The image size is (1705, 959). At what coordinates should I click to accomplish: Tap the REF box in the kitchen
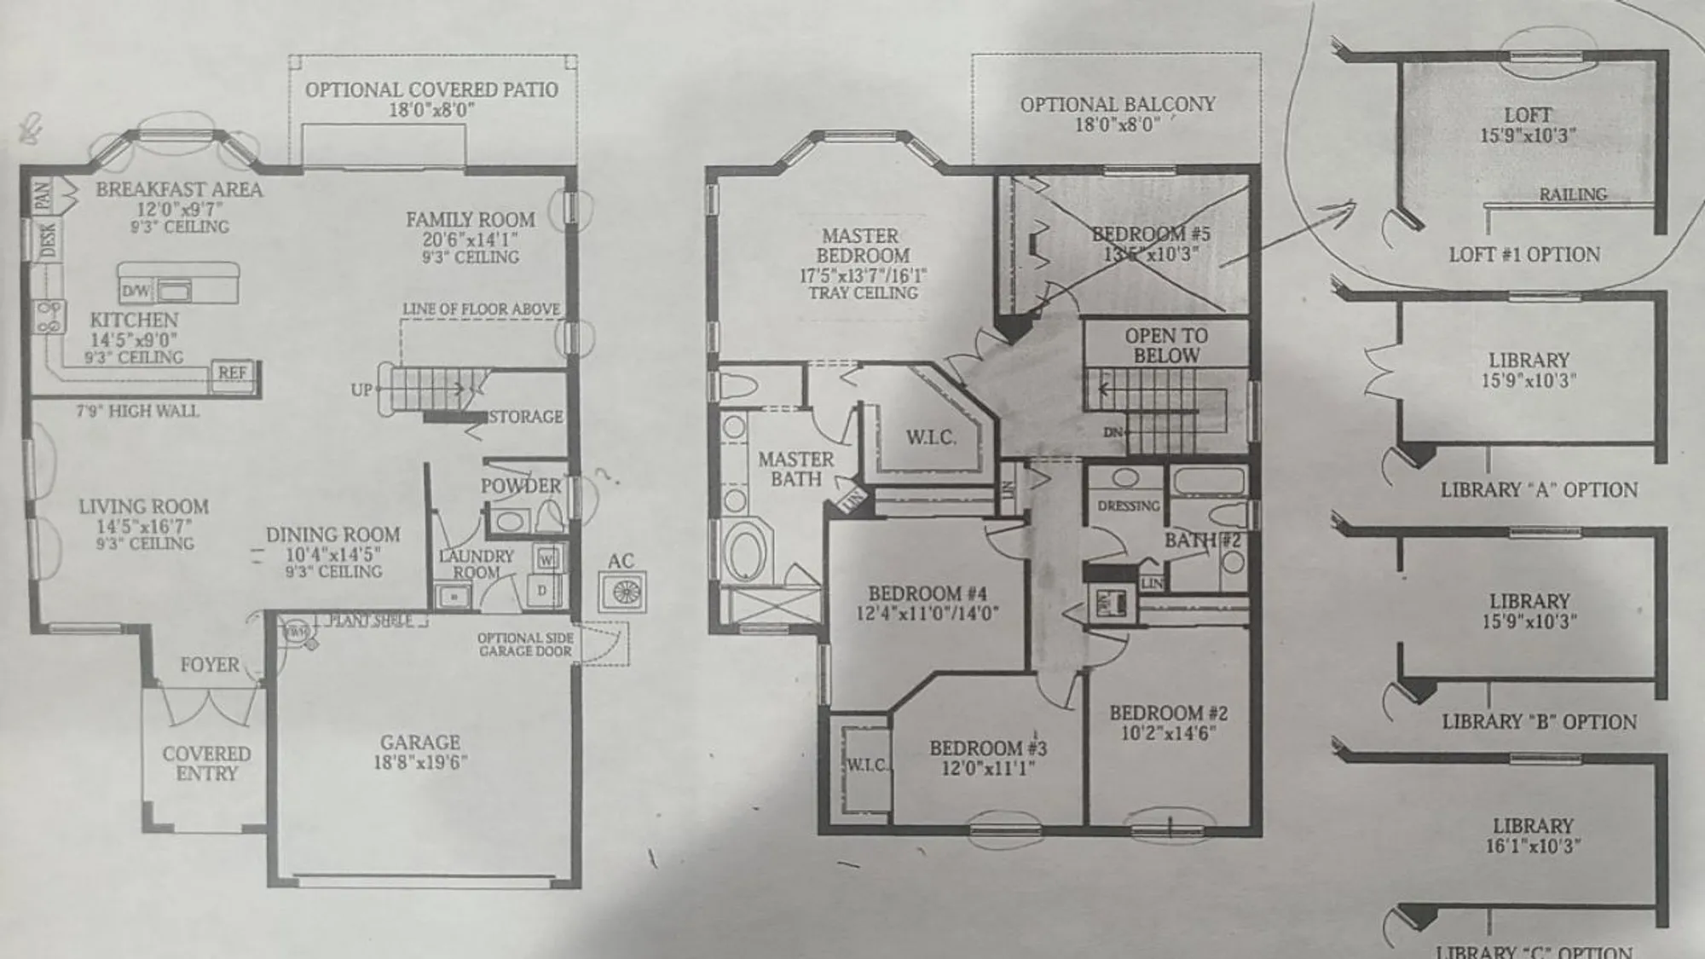click(x=232, y=373)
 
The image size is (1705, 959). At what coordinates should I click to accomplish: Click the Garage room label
click(x=420, y=742)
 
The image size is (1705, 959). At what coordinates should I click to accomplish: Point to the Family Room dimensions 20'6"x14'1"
click(x=470, y=240)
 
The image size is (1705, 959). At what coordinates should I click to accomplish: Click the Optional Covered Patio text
click(x=431, y=90)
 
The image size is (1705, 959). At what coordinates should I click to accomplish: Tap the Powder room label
click(x=521, y=486)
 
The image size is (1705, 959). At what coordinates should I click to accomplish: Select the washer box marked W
click(x=546, y=559)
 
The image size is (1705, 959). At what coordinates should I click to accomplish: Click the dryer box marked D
click(x=542, y=590)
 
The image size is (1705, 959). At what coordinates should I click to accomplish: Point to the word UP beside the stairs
click(x=361, y=390)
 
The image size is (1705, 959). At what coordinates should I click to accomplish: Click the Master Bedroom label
click(x=861, y=246)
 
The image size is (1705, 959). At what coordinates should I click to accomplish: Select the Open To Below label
click(x=1165, y=345)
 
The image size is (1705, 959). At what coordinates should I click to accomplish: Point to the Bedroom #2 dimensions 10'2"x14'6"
click(x=1168, y=733)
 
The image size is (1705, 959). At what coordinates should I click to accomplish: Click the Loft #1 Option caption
click(x=1524, y=254)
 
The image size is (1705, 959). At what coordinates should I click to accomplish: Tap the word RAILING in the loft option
click(x=1572, y=194)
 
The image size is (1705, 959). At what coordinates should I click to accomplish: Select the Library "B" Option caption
click(x=1539, y=722)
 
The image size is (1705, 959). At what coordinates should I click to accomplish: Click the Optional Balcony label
click(x=1118, y=104)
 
